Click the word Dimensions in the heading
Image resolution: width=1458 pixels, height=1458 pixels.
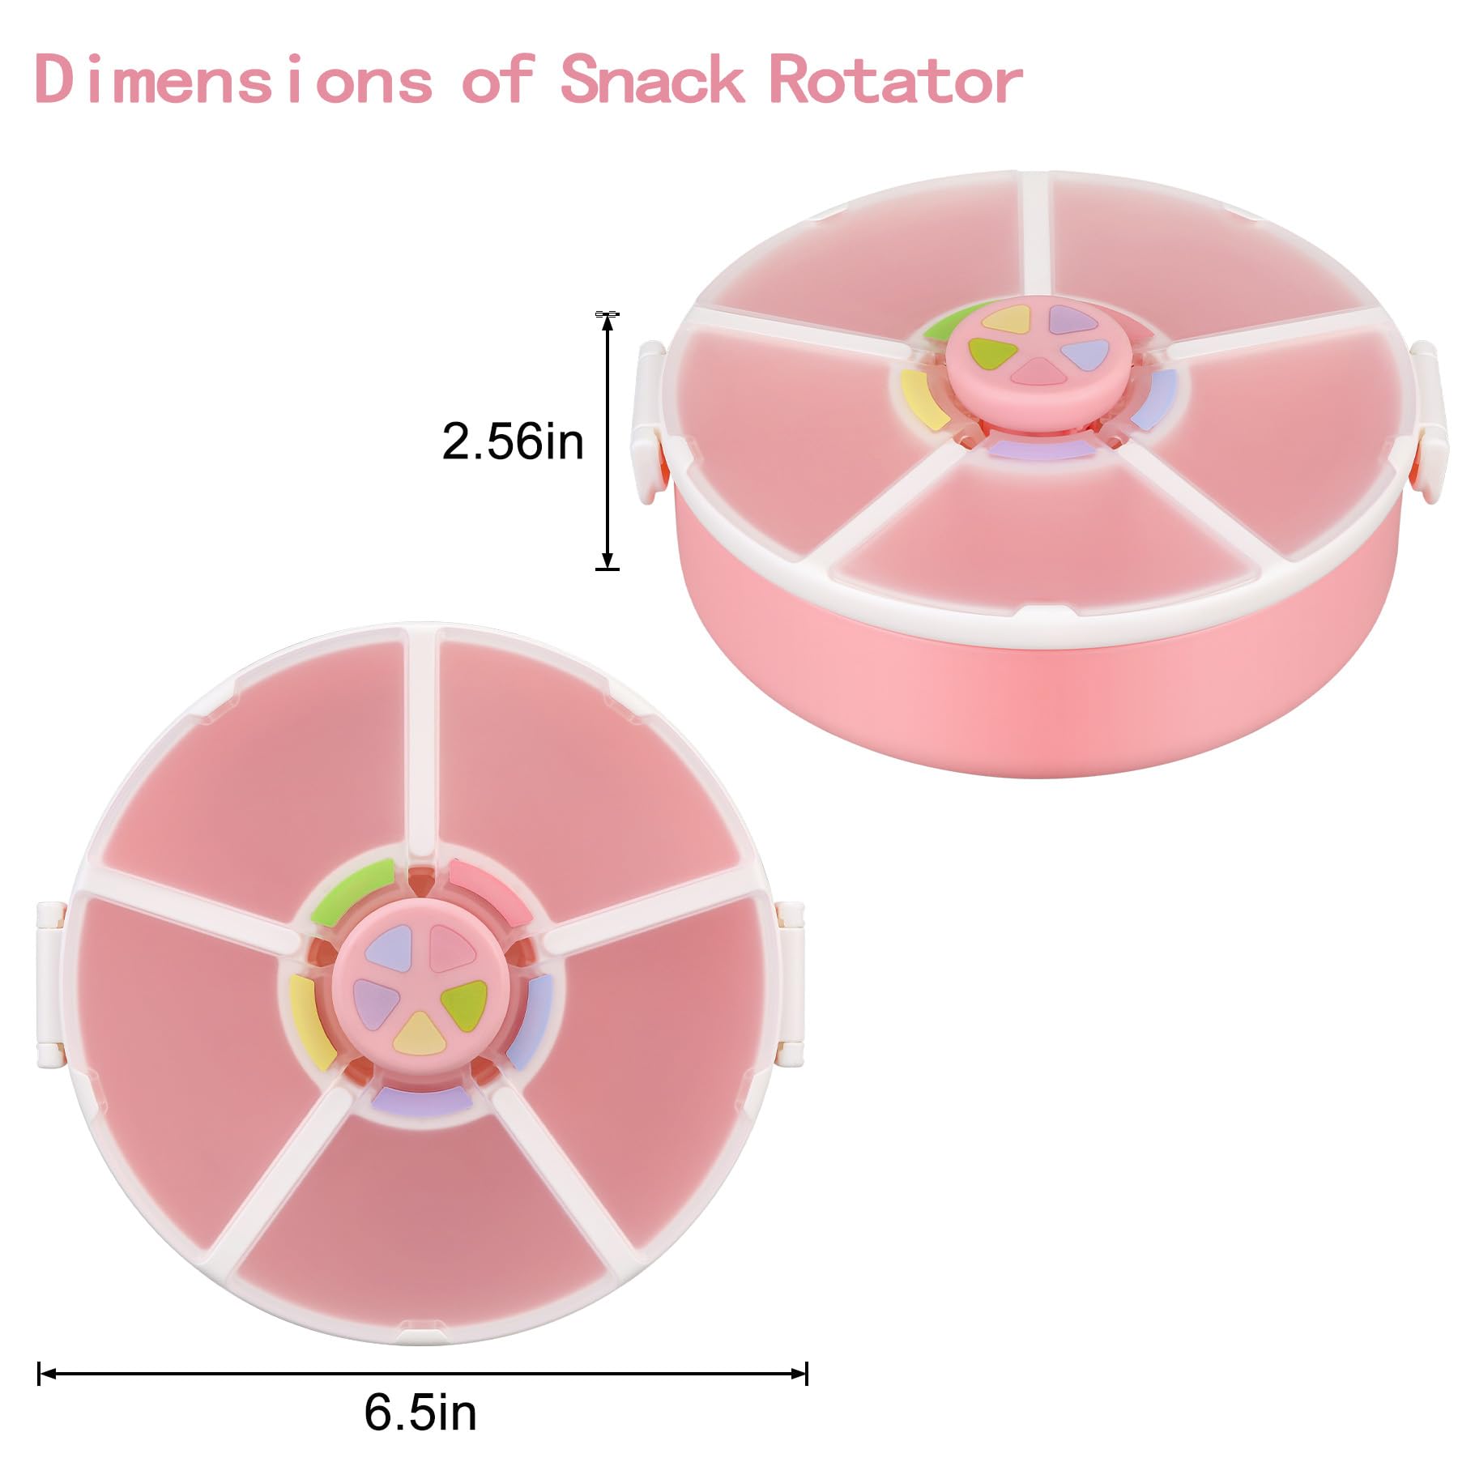(x=233, y=79)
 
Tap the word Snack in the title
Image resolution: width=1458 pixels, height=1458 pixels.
(x=652, y=79)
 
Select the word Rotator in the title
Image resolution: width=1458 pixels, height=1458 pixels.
(x=896, y=79)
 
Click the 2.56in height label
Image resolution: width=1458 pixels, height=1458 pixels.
(x=513, y=441)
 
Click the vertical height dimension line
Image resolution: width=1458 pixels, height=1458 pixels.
(x=607, y=441)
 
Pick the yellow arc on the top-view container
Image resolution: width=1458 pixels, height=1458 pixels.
(x=313, y=1022)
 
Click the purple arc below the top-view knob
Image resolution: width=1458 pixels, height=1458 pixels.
(x=422, y=1099)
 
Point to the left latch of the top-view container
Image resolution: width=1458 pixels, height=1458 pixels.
(x=50, y=983)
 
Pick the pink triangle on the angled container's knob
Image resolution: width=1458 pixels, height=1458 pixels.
(x=1032, y=373)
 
